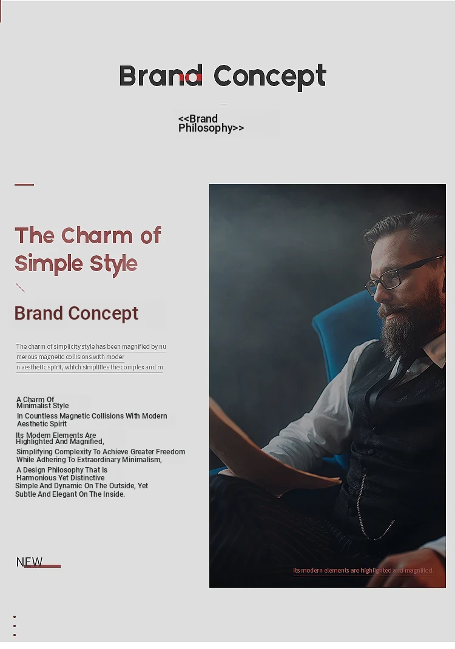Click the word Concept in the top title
(x=270, y=77)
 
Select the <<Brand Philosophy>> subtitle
(x=211, y=123)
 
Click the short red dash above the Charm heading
(x=24, y=184)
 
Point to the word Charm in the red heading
(x=98, y=235)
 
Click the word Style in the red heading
(x=113, y=264)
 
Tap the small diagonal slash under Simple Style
(x=20, y=288)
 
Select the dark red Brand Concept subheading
(x=76, y=314)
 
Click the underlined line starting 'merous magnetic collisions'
(x=70, y=357)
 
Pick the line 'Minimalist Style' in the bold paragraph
(x=42, y=406)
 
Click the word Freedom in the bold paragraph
(x=170, y=451)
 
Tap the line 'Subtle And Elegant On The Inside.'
(x=70, y=494)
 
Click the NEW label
(x=29, y=562)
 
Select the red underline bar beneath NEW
(x=42, y=567)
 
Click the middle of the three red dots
(x=15, y=626)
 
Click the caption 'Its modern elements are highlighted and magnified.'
(x=363, y=570)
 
